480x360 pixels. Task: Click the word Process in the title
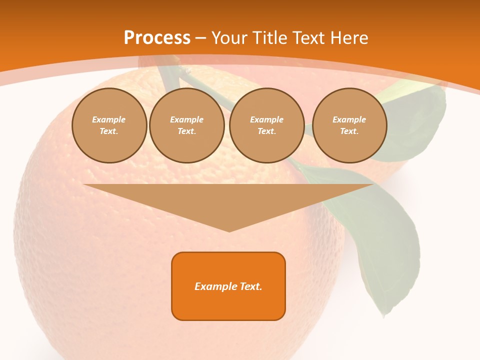point(157,38)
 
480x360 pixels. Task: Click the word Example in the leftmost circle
point(109,119)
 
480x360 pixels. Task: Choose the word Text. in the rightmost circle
point(349,131)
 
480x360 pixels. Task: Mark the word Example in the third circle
point(267,119)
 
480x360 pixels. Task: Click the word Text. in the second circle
point(187,131)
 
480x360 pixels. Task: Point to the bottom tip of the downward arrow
point(229,230)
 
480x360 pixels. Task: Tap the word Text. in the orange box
point(252,286)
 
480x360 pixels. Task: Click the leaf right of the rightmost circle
point(415,120)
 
